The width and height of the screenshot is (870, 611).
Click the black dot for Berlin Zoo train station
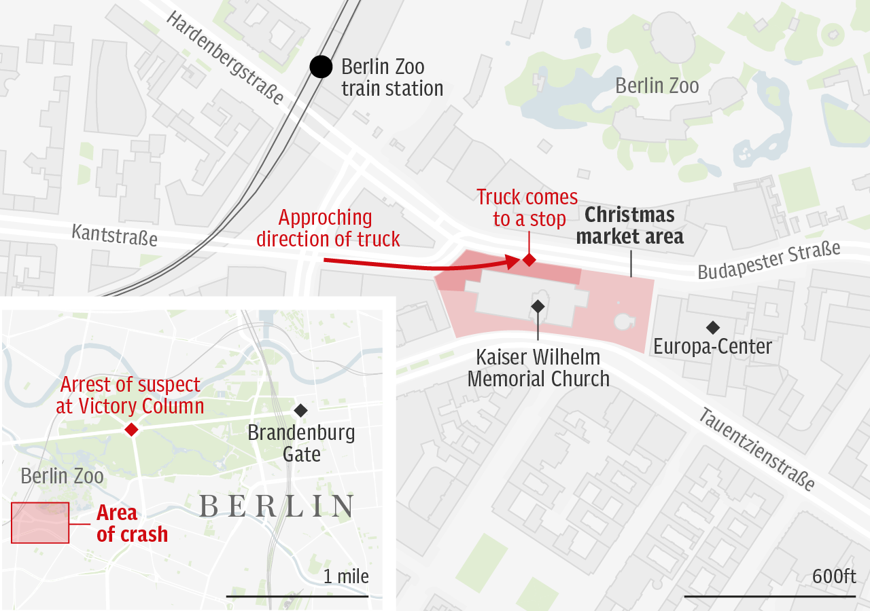321,67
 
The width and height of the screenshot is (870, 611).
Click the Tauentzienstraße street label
756,449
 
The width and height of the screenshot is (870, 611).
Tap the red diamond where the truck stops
529,259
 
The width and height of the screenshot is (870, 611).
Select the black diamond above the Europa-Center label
712,328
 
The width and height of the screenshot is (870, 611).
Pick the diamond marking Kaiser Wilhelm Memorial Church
538,306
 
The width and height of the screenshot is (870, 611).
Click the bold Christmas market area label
629,226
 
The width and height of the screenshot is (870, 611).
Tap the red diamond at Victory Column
131,429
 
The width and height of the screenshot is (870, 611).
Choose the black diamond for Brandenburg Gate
300,410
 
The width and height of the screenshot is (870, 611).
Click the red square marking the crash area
40,523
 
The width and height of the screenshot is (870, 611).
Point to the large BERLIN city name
277,506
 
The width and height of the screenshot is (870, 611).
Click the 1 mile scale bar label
346,576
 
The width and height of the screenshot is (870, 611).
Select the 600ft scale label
834,576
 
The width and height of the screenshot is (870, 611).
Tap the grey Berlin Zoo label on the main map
657,86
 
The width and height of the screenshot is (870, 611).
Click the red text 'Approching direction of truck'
328,228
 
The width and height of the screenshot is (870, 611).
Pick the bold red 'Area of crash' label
131,523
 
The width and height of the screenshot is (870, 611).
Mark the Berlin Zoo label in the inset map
62,476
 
